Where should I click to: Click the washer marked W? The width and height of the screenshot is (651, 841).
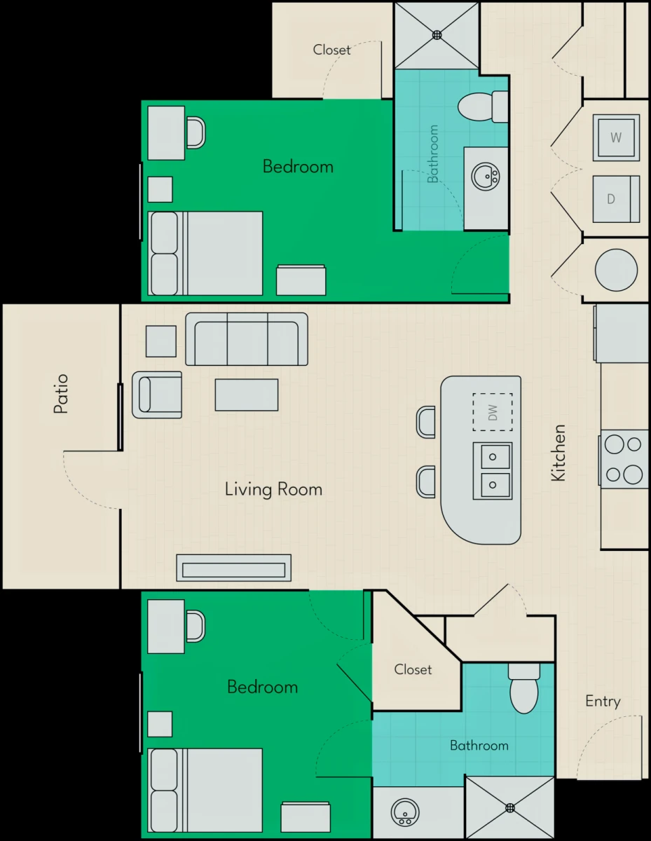616,137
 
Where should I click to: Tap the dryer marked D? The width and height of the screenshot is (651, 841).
616,199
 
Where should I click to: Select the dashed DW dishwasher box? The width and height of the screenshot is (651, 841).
493,412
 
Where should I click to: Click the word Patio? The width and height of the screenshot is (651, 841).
61,394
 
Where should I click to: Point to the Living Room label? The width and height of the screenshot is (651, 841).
273,489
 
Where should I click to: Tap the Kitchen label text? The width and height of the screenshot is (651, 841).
559,453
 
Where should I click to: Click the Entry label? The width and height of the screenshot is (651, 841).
603,702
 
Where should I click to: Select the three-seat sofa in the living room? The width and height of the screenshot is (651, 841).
247,339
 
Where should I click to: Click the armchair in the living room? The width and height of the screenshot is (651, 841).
157,395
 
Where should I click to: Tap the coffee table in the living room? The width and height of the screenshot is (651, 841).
247,395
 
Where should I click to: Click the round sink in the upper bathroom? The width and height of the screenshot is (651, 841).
486,177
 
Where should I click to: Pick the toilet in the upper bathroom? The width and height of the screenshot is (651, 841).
483,107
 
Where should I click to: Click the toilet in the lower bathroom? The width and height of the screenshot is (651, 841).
524,688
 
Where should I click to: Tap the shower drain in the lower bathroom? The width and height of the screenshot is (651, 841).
510,808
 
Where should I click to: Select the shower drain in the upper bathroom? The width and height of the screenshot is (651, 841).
437,35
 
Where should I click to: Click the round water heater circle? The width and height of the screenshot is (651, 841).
616,270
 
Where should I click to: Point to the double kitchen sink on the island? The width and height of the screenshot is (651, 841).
493,471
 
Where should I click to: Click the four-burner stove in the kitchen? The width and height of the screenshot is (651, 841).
624,458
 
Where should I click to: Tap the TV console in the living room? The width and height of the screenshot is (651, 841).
233,568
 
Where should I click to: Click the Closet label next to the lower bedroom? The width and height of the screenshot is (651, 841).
413,669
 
